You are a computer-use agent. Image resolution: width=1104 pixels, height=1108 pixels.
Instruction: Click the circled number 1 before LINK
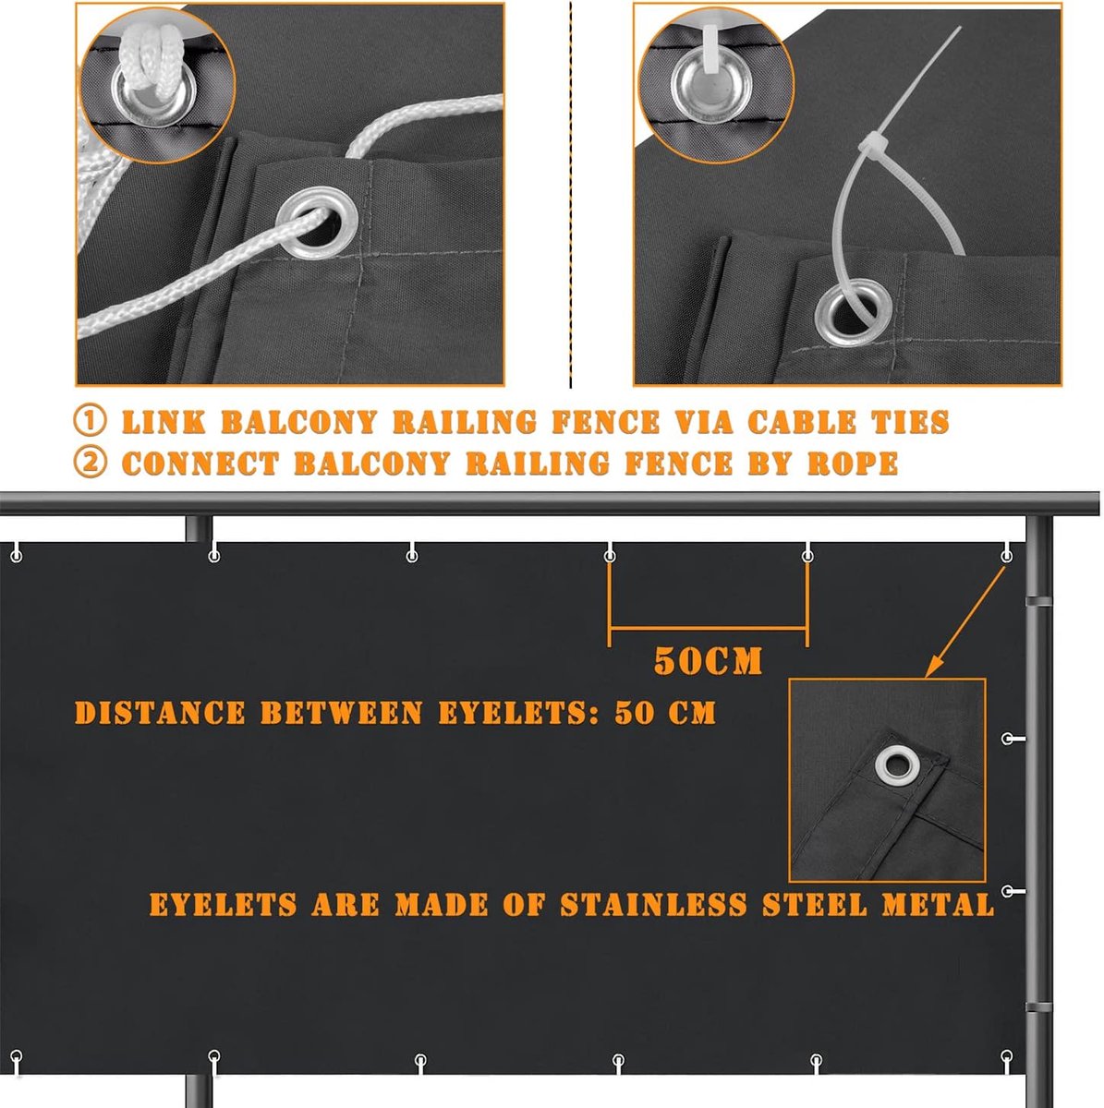[x=90, y=421]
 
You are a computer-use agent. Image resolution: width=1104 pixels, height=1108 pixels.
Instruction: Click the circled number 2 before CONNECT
[x=90, y=463]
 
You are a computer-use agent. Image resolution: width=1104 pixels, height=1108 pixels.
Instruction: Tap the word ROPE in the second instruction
[x=853, y=464]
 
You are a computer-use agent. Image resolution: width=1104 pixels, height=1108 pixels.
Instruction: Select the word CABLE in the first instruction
[x=802, y=421]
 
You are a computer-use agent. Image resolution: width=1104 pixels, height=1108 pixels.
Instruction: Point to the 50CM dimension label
[x=708, y=661]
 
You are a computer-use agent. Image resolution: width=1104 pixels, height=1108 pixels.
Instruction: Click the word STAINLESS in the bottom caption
[x=653, y=905]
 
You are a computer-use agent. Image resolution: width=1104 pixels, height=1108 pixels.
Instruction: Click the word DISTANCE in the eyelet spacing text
[x=160, y=713]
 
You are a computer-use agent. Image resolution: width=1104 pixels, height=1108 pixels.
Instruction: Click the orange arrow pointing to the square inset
[x=964, y=622]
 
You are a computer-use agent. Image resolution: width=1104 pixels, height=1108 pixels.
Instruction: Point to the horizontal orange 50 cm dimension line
[x=709, y=629]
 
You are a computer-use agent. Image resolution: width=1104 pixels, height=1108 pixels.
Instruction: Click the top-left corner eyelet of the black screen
[x=17, y=556]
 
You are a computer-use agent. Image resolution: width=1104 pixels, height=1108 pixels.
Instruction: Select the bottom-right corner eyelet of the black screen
[x=1006, y=1055]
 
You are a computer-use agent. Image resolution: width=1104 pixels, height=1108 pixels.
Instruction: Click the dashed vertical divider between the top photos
[x=570, y=194]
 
